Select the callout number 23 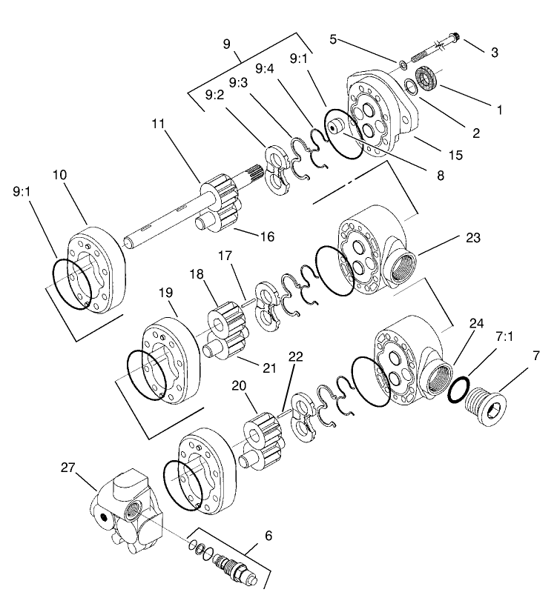coord(473,238)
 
